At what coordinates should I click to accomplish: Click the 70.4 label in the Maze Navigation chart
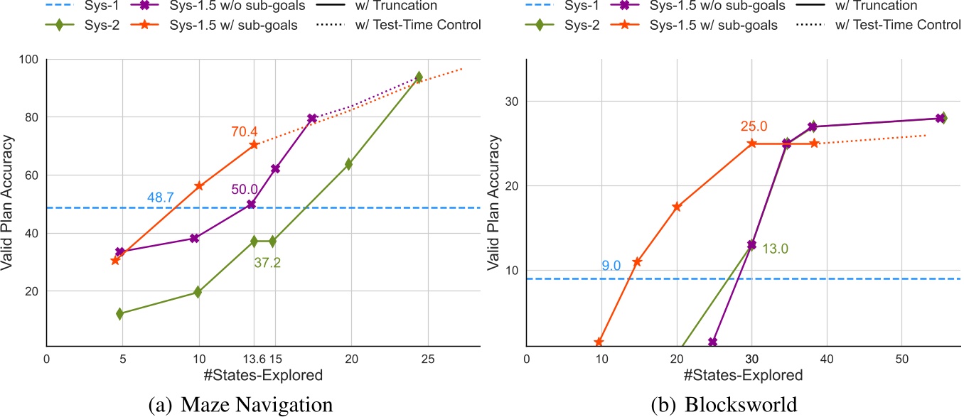[x=244, y=131]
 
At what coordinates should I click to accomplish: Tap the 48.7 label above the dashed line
[x=161, y=197]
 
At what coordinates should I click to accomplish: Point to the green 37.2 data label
[x=267, y=264]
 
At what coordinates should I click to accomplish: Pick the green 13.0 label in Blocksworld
[x=776, y=249]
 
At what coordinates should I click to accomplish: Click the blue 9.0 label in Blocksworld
[x=611, y=266]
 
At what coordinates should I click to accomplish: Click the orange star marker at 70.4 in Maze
[x=254, y=145]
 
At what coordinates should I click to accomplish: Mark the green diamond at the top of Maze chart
[x=419, y=77]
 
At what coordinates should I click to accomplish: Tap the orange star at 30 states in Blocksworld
[x=752, y=143]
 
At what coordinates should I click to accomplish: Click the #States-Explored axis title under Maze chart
[x=264, y=374]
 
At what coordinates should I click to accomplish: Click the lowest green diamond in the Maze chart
[x=119, y=313]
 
